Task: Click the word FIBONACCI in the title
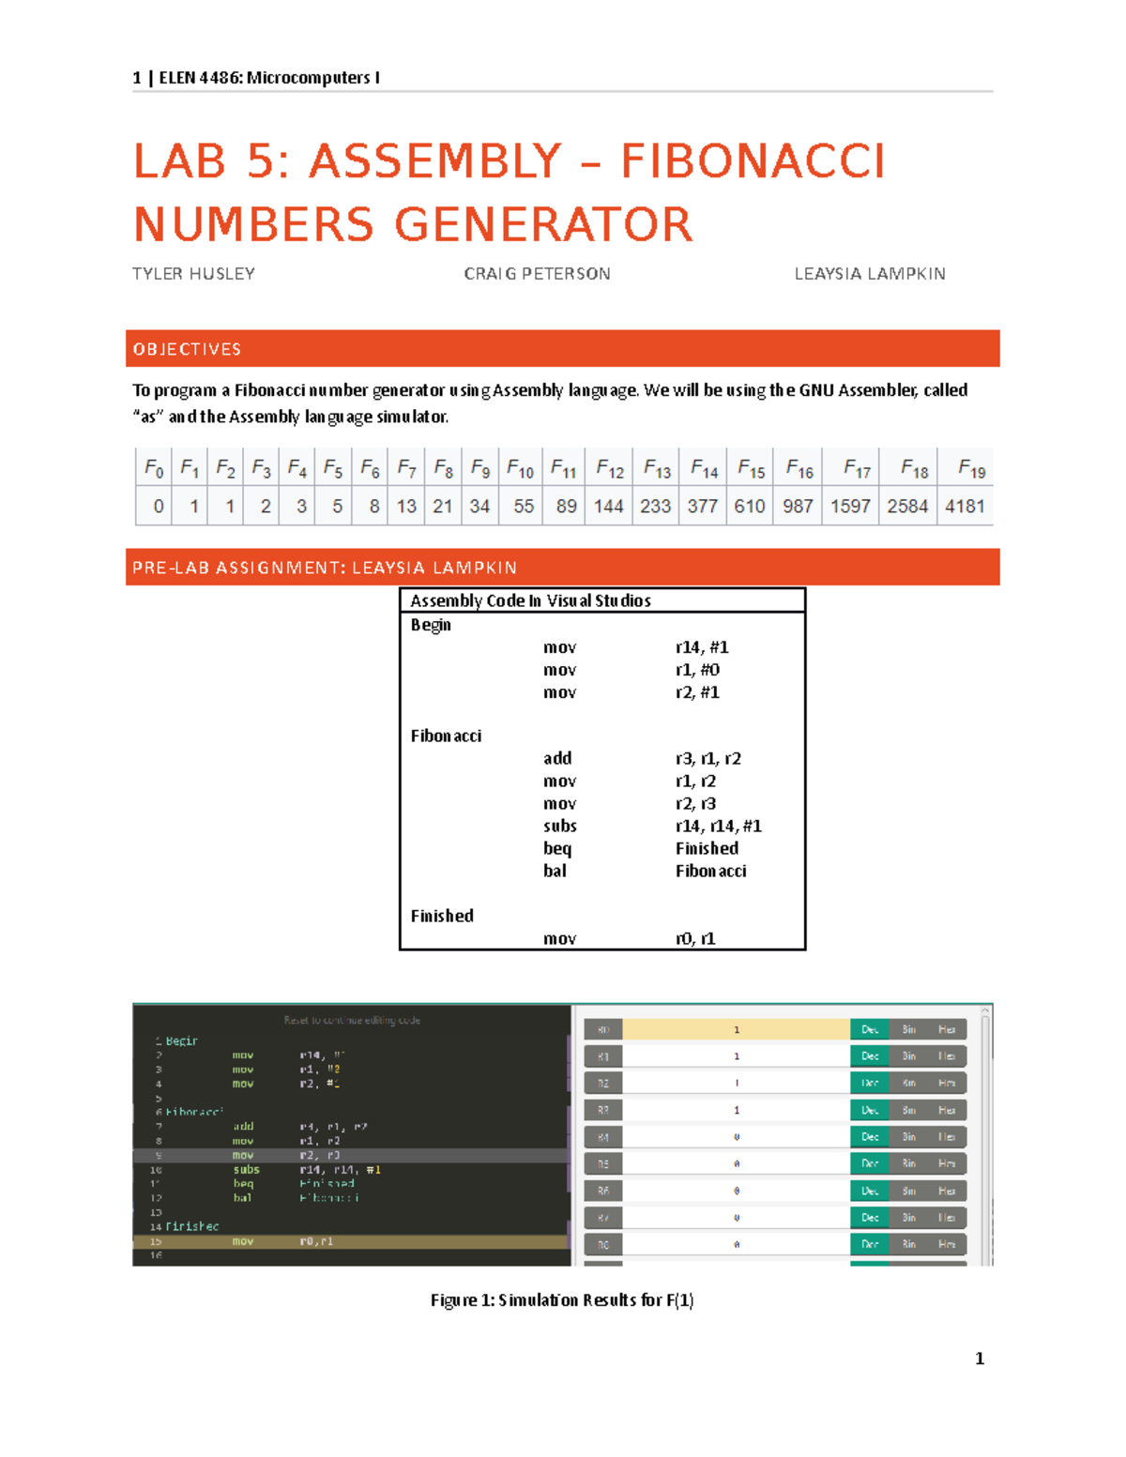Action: tap(753, 161)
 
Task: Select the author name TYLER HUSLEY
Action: tap(193, 274)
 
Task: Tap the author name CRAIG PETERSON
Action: tap(537, 274)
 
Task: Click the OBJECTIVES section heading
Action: tap(187, 349)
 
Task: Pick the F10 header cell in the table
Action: tap(520, 468)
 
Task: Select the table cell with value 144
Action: tap(608, 507)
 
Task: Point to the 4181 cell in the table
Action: tap(965, 507)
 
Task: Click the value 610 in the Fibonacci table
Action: tap(749, 507)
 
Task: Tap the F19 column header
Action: tap(971, 468)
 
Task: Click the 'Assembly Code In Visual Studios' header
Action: tap(530, 600)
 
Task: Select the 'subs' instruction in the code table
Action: tap(559, 827)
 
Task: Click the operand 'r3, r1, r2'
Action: tap(708, 759)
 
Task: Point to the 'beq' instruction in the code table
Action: tap(556, 849)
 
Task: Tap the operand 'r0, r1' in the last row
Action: tap(695, 939)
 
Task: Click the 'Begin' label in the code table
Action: tap(431, 625)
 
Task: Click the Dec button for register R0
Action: tap(869, 1030)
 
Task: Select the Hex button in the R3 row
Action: tap(947, 1111)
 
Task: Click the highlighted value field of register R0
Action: tap(736, 1030)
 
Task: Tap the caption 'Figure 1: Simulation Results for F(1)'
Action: tap(562, 1300)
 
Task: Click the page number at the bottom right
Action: tap(980, 1358)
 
